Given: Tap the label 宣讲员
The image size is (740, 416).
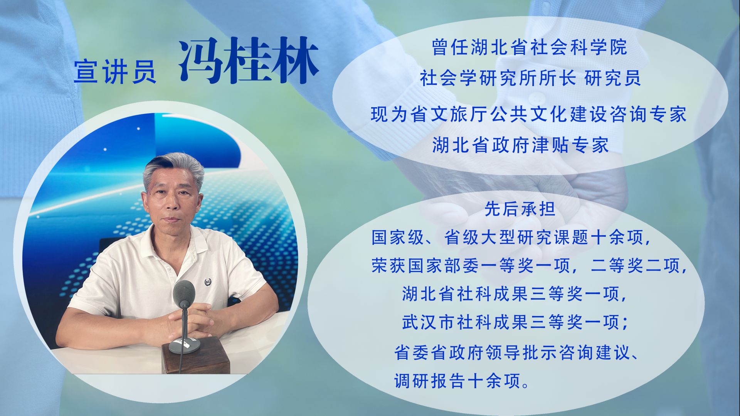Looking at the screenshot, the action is point(115,71).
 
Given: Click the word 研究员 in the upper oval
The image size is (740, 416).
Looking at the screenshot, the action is point(612,78).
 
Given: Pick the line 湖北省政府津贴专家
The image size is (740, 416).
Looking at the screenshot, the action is point(521,145).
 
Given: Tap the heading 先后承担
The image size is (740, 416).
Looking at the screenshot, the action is point(520,209).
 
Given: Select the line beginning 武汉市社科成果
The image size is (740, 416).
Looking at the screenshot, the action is point(515,322).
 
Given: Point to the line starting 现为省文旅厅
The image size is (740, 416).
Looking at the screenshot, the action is point(528,115).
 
